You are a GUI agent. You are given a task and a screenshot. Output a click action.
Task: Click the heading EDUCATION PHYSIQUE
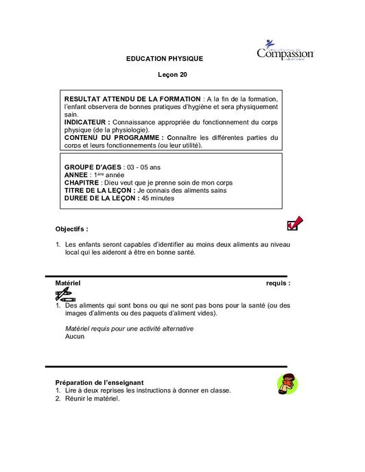click(x=165, y=60)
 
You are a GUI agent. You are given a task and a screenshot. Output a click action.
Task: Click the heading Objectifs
click(x=71, y=228)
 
